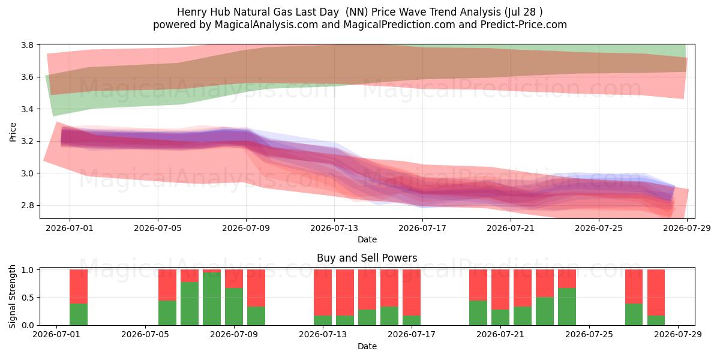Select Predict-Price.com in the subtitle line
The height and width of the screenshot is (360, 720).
(523, 25)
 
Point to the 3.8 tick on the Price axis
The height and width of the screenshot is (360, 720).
(28, 45)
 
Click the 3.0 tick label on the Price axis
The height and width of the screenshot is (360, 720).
(28, 173)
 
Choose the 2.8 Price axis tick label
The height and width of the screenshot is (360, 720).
(28, 205)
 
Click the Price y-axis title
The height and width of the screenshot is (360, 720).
(13, 132)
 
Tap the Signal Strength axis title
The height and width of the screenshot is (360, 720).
(12, 296)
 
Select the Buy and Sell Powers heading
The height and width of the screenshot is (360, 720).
(367, 258)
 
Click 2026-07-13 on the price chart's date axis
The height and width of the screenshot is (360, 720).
(334, 228)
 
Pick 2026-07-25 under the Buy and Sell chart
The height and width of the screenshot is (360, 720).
(589, 334)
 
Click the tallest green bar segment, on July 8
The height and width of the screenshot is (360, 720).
(212, 299)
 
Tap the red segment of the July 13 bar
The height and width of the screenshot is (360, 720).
(323, 293)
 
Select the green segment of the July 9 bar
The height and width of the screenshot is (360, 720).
(234, 307)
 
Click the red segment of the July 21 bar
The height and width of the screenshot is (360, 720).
(500, 290)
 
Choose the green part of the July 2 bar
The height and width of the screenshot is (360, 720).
(79, 314)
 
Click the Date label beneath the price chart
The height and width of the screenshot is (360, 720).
(367, 239)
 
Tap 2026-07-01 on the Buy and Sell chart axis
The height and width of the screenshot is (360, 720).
(56, 334)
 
